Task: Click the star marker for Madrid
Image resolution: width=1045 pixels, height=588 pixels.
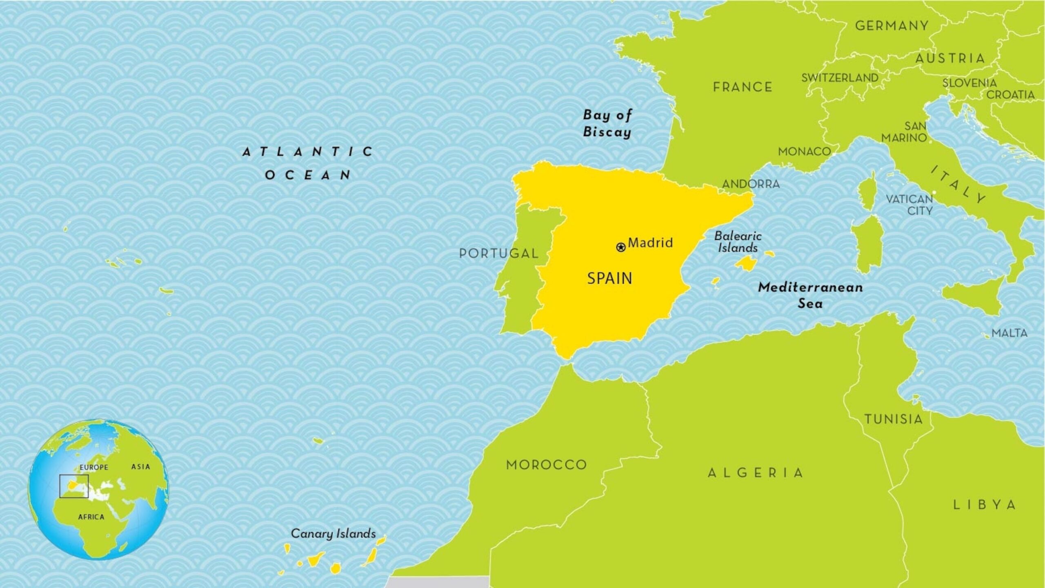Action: (x=620, y=247)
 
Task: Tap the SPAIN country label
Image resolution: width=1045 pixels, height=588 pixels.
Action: (x=609, y=278)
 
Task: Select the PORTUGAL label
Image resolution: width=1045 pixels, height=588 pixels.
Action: (x=498, y=253)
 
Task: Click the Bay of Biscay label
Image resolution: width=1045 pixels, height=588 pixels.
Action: (x=607, y=123)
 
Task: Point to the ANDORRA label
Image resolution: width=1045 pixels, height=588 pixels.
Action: (x=751, y=184)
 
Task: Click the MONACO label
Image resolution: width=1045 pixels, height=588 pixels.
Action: (x=804, y=152)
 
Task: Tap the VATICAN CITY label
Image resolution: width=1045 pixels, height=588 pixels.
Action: (x=909, y=205)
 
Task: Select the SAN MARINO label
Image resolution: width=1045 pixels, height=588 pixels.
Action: (x=904, y=132)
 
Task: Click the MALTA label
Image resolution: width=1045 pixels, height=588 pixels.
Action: (x=1009, y=333)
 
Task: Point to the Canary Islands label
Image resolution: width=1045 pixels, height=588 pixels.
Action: (x=333, y=533)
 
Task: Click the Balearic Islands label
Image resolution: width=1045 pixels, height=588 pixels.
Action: (x=738, y=242)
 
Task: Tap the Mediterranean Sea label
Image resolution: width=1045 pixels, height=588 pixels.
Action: (x=810, y=295)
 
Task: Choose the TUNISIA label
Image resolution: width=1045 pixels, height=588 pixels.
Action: (x=893, y=419)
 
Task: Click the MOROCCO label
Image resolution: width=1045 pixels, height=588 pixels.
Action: (x=546, y=464)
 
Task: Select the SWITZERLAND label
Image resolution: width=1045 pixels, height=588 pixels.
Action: (x=840, y=78)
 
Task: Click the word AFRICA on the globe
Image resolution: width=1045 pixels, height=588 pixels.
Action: (x=91, y=517)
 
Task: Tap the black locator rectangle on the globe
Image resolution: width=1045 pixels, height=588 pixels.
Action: (x=74, y=486)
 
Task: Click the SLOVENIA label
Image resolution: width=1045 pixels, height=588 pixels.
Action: (x=969, y=83)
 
